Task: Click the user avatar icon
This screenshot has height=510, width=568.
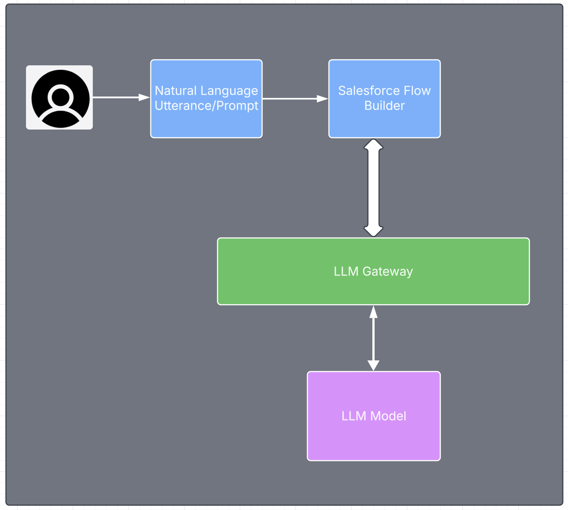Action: point(59,98)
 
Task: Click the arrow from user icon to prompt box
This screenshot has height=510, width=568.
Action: point(119,98)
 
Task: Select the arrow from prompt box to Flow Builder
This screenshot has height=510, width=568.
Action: point(293,99)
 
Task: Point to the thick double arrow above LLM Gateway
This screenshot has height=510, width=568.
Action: point(373,188)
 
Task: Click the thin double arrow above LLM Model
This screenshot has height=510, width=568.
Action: point(373,338)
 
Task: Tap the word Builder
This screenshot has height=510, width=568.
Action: point(384,106)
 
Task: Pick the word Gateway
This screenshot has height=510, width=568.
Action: point(388,272)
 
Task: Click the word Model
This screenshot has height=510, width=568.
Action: point(388,416)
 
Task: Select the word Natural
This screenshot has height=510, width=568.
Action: point(176,91)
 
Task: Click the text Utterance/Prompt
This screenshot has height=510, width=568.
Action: point(206,106)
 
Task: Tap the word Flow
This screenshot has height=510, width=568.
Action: point(417,91)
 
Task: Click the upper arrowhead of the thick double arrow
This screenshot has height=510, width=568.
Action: point(373,145)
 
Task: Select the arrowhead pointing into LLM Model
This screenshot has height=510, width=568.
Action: point(373,365)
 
